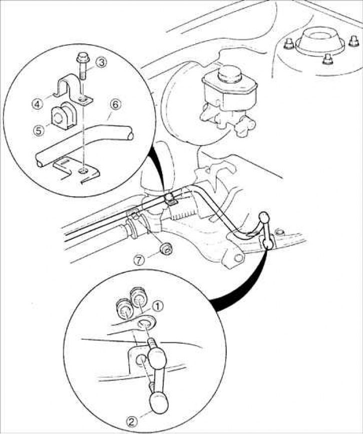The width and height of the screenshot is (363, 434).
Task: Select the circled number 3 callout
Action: [x=101, y=63]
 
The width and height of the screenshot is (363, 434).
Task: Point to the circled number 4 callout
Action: [x=37, y=104]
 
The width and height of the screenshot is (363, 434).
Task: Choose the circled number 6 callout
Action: [x=115, y=104]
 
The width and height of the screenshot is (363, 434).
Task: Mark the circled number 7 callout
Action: [x=141, y=260]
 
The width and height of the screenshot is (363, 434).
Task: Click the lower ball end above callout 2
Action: [x=159, y=401]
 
